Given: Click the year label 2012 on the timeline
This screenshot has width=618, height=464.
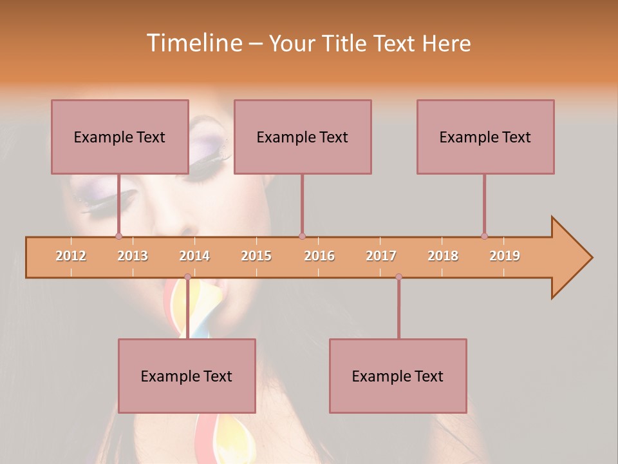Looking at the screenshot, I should pos(71,256).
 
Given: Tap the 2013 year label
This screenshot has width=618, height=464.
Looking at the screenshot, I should pos(133,256).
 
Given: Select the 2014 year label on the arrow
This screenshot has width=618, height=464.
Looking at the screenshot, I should pos(194,256).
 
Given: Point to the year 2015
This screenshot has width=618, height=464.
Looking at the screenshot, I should pos(256,256).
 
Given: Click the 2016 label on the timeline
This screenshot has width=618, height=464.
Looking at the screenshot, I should pos(319,256).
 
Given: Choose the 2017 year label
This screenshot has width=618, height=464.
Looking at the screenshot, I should pos(381,256).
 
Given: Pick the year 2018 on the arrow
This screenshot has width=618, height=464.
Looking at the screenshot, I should pos(443,256).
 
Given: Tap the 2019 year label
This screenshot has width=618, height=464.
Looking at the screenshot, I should pos(505,256).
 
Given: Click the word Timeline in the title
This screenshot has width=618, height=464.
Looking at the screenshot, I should pos(194,43).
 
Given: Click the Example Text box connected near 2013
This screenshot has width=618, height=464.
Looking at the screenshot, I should pos(120,137).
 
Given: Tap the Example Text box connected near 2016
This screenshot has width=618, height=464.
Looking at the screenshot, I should pos(303,137).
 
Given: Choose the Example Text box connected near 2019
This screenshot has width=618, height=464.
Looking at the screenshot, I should pos(485,137).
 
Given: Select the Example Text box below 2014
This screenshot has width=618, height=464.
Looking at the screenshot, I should pos(187,376).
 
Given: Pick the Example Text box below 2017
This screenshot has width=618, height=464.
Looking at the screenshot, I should pos(398,376).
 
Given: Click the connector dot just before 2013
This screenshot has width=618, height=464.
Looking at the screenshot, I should pos(118,236).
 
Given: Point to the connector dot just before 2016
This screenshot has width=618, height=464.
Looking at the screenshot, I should pos(302,236).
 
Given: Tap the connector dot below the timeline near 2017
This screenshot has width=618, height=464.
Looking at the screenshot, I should pos(398,277).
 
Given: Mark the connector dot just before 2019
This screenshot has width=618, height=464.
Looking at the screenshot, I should pos(484,236).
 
